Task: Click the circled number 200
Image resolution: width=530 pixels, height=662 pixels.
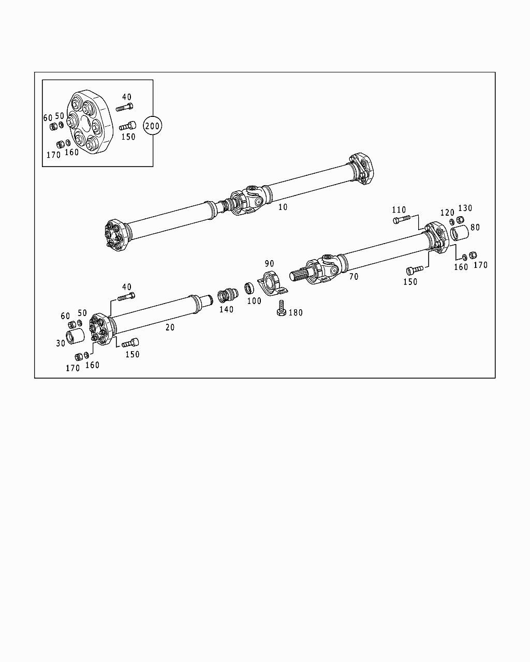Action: tap(153, 126)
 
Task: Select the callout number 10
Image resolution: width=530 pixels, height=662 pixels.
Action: tap(283, 207)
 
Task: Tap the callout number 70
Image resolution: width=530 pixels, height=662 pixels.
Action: tap(354, 277)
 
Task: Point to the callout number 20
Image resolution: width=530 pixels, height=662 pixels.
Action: tap(170, 327)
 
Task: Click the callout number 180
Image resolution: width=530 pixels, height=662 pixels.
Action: tap(296, 312)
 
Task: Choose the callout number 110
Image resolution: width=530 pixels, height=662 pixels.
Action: tap(399, 210)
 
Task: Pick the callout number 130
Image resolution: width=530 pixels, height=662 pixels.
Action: tap(465, 208)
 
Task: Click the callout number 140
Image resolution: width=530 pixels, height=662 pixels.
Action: tap(226, 309)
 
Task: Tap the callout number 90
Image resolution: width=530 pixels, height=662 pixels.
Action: tap(270, 264)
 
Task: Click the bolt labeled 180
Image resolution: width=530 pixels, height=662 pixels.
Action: tap(281, 308)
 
